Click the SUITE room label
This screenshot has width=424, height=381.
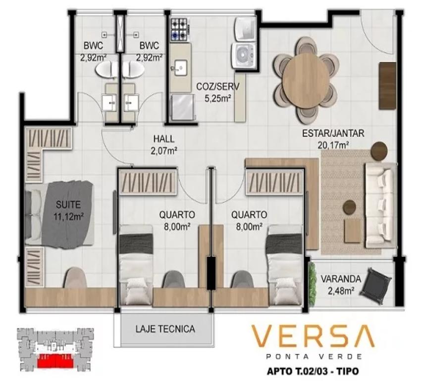(x=68, y=204)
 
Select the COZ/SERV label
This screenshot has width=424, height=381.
(x=217, y=87)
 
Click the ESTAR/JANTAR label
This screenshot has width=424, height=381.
(x=333, y=133)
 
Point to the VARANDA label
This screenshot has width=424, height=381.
(x=341, y=279)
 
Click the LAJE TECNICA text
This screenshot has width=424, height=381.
(x=165, y=329)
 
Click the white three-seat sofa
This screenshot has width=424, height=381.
(x=380, y=205)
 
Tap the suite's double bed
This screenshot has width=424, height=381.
(x=59, y=215)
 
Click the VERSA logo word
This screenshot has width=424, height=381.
(x=313, y=336)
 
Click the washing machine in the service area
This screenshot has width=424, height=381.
(x=244, y=55)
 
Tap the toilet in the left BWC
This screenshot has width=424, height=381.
(x=107, y=69)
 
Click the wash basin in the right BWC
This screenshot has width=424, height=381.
(x=131, y=102)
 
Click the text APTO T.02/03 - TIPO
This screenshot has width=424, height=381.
(x=313, y=371)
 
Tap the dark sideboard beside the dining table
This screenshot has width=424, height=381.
(x=387, y=86)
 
